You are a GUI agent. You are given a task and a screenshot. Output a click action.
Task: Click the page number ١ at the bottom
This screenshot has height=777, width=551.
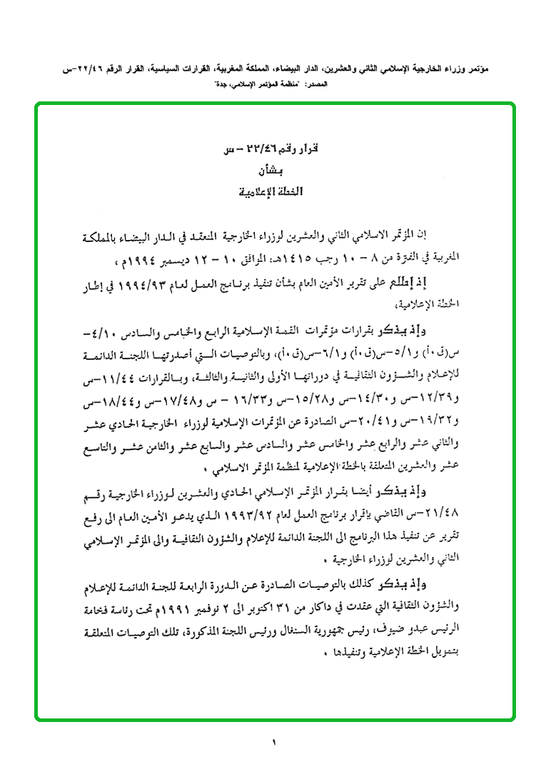tap(273, 742)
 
